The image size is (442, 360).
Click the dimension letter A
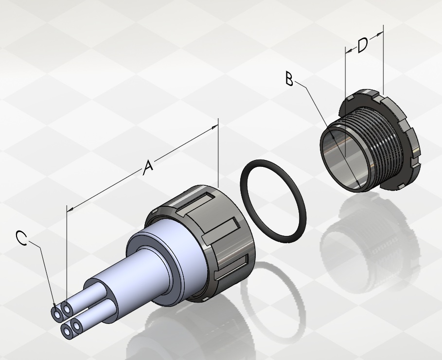[x=148, y=167]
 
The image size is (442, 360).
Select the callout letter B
[x=289, y=79]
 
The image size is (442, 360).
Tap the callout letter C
[x=21, y=238]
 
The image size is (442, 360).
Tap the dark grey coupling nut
[x=214, y=243]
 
